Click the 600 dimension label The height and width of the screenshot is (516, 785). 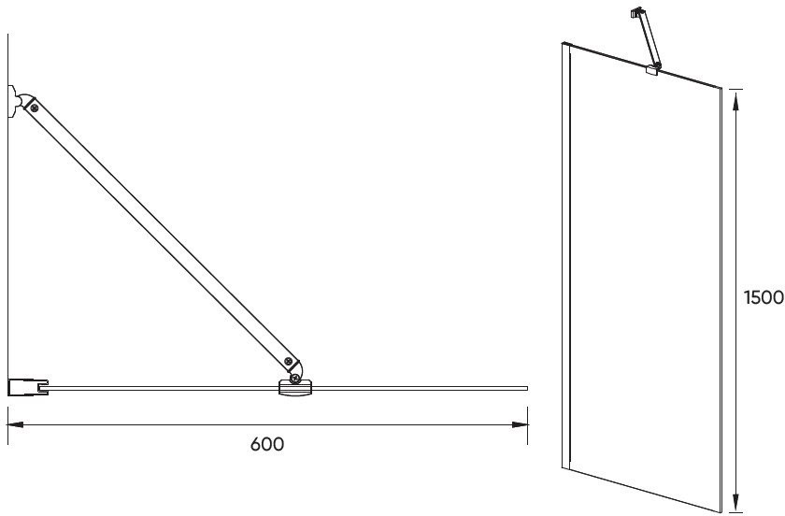(267, 444)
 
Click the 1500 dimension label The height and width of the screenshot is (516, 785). (764, 297)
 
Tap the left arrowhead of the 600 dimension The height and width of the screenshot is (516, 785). (16, 424)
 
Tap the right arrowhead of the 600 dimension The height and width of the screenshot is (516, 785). (520, 424)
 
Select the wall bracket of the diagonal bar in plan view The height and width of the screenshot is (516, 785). (13, 102)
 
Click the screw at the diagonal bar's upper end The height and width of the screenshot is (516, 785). (34, 107)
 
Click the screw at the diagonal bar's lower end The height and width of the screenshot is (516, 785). (288, 361)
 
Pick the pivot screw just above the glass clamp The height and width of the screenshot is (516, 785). (296, 379)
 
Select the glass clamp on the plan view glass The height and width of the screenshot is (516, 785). (295, 388)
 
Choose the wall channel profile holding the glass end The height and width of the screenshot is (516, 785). (28, 388)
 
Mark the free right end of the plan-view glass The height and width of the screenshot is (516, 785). (527, 388)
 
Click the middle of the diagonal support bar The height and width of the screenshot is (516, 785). (161, 234)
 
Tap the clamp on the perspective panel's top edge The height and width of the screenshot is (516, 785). (651, 70)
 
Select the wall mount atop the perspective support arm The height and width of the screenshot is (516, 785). (636, 11)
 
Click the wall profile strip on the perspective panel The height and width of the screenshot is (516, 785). (566, 257)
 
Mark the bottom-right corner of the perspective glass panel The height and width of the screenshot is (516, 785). (721, 512)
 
